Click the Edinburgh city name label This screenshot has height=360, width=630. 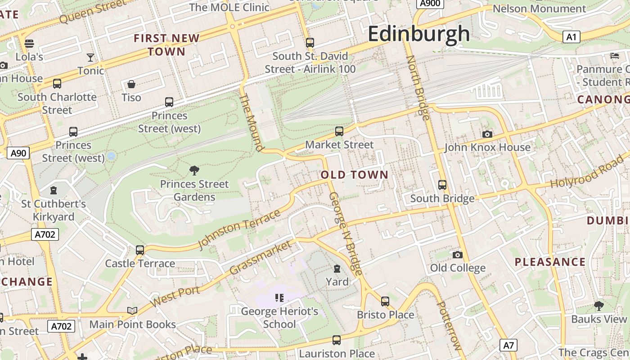419,34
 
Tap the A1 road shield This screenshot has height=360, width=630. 571,37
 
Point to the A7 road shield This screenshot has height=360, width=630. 508,346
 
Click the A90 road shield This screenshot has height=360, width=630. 18,153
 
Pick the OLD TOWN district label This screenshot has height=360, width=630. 355,175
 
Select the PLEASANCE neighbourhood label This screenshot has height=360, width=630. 550,262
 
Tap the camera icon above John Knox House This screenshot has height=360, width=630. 487,134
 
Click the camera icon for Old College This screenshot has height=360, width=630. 457,255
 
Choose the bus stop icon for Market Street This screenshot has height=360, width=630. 339,131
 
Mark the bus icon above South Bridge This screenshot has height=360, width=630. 442,185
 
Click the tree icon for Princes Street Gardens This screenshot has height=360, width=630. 194,170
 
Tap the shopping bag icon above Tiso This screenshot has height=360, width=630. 131,84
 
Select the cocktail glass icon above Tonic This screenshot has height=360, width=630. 90,57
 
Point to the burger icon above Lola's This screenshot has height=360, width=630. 29,43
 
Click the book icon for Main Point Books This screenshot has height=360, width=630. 132,310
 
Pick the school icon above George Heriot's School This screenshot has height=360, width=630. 279,297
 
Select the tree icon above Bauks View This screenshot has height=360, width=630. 598,306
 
